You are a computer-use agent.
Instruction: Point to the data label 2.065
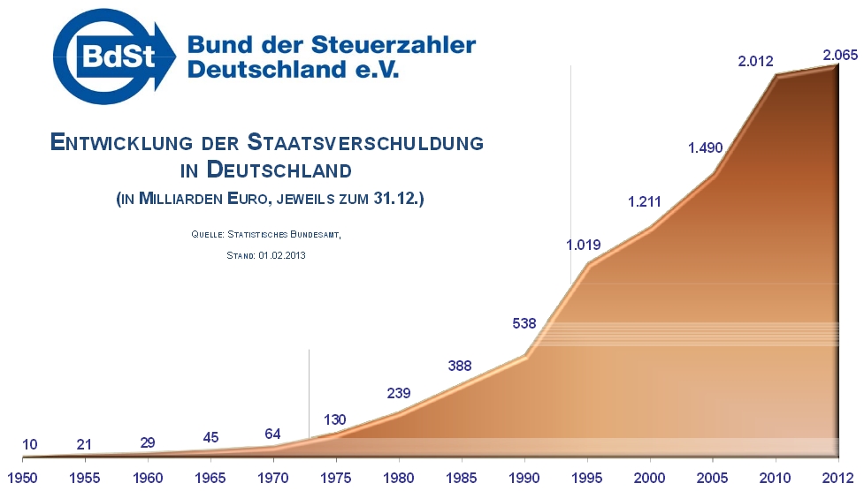click(840, 56)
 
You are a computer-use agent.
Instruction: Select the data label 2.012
click(755, 62)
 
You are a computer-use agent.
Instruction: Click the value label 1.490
click(706, 147)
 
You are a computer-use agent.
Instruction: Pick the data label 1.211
click(645, 202)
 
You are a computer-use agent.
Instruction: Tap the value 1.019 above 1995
click(584, 245)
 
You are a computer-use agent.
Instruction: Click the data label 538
click(524, 323)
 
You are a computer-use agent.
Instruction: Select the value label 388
click(460, 366)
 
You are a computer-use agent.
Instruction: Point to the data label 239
click(399, 394)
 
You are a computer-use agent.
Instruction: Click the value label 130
click(334, 419)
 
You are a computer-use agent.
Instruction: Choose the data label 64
click(274, 434)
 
